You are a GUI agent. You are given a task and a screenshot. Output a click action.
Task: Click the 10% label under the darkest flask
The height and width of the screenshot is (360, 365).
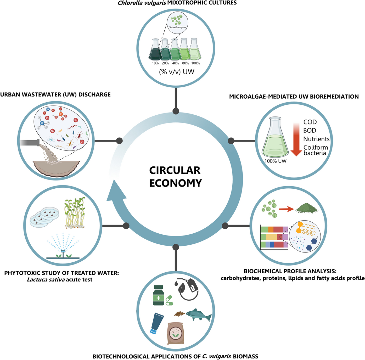[x=155, y=63]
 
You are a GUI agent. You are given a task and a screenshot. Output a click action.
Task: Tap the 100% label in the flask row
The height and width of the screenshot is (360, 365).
[x=196, y=63]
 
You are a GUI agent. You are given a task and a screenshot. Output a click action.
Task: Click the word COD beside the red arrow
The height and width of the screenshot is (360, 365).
[x=310, y=122]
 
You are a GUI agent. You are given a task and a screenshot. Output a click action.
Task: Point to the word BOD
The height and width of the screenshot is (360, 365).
[x=310, y=131]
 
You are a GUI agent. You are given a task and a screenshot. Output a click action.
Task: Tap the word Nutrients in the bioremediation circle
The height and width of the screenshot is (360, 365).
[x=316, y=139]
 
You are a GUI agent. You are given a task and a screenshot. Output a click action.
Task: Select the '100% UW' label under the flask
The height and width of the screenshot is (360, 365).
[x=275, y=161]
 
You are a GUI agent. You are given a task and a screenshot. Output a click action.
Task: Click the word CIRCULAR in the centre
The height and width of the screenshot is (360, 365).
[x=175, y=170]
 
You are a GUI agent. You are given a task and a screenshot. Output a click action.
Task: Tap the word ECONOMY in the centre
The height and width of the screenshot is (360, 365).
[x=176, y=183]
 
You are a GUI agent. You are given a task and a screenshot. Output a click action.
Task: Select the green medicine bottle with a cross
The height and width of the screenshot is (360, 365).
[x=158, y=295]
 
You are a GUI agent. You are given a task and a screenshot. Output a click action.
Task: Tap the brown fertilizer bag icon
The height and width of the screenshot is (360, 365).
[x=176, y=333]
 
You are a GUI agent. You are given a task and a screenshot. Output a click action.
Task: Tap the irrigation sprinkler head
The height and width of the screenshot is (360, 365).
[x=63, y=252]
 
